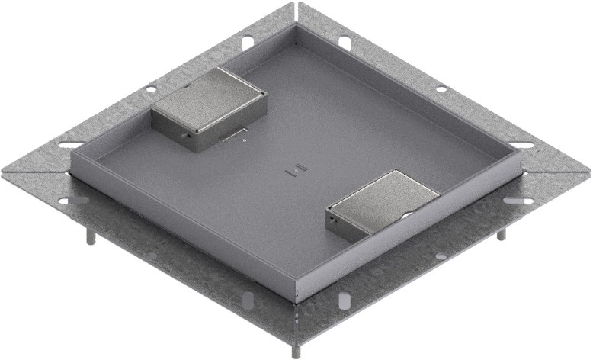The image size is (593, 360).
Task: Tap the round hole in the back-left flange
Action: (152, 87)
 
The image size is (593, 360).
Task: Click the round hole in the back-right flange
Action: (441, 89)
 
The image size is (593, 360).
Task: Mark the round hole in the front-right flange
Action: (440, 256)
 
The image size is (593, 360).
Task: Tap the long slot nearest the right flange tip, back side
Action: (521, 145)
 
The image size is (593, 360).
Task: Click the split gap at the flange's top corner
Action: (296, 12)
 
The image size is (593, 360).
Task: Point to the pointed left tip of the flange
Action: (4, 172)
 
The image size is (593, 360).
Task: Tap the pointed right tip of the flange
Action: (588, 172)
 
